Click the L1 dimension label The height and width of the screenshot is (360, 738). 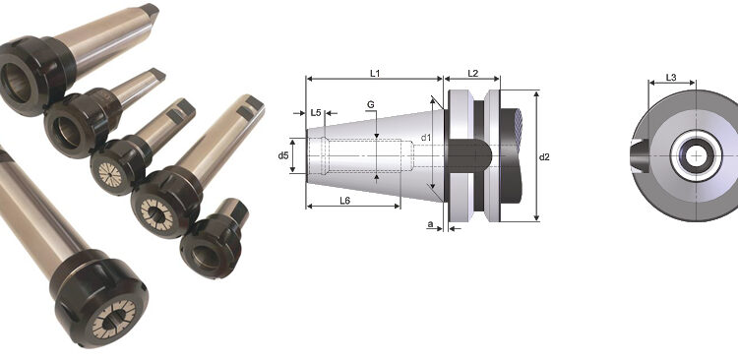tap(375, 73)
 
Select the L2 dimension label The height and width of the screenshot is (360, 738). tap(473, 73)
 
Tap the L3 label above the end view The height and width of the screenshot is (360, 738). tap(671, 78)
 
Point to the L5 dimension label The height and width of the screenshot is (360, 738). tap(316, 113)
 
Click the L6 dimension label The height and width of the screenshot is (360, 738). tap(345, 201)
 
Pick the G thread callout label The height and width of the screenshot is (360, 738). tap(371, 104)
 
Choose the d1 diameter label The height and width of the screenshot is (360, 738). tap(426, 138)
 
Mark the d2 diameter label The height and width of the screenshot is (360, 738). tap(544, 157)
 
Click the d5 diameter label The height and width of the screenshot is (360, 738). tap(282, 155)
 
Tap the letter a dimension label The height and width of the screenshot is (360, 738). tap(430, 224)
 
